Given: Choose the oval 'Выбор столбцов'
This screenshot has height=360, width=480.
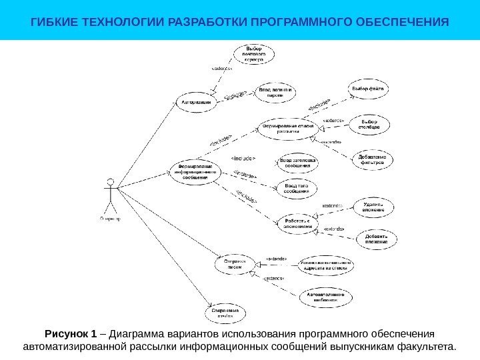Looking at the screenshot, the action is [x=369, y=125].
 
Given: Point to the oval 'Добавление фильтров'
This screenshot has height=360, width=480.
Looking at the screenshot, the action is [x=371, y=158].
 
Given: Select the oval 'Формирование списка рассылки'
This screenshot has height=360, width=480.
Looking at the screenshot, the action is [x=287, y=128].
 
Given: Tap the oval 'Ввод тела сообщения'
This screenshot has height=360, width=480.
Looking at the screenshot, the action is [x=295, y=187].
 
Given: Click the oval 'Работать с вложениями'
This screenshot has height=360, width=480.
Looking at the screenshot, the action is [x=298, y=222].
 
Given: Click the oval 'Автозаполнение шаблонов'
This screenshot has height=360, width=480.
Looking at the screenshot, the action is [x=326, y=295].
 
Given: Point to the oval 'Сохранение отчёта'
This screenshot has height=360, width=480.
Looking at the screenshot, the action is [x=225, y=312].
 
